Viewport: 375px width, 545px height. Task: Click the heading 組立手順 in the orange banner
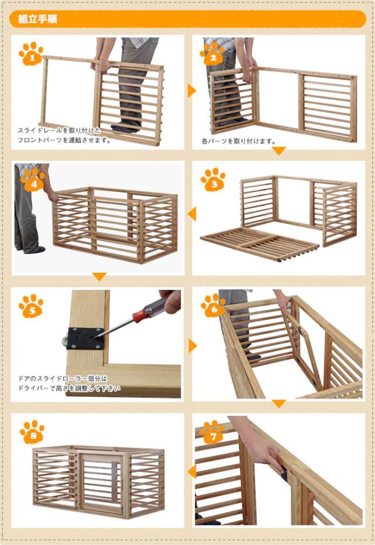(37, 19)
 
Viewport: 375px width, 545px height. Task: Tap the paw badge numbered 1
(31, 54)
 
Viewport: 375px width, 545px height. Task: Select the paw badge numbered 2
(212, 54)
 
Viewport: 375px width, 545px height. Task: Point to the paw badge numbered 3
(213, 180)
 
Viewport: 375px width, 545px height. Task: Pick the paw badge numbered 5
(31, 306)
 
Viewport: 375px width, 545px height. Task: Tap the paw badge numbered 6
(213, 306)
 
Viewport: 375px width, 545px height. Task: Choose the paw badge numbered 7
(212, 432)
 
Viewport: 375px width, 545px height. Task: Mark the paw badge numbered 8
(32, 432)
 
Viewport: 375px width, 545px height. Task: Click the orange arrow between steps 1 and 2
(192, 91)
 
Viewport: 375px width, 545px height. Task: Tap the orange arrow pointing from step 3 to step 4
(192, 214)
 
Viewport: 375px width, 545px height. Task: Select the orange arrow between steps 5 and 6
(192, 346)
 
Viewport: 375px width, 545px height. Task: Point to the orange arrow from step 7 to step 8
(192, 472)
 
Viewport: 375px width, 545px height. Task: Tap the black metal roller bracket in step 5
(85, 338)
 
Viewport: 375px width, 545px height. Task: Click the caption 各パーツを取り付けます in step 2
(239, 141)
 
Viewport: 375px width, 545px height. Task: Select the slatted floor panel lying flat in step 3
(260, 244)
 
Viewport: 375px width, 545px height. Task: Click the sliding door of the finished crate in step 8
(101, 484)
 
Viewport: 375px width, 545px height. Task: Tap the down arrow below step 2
(278, 151)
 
